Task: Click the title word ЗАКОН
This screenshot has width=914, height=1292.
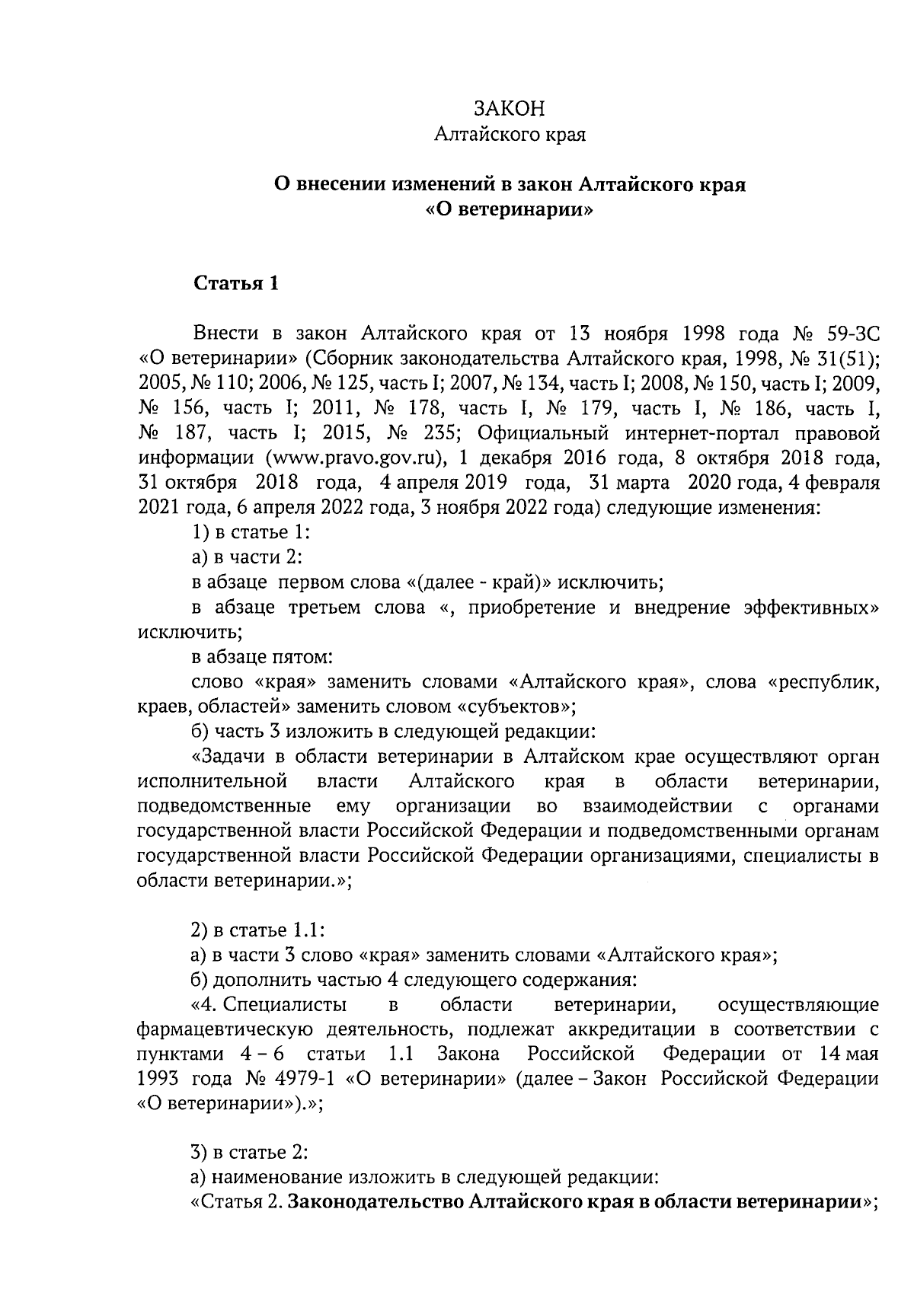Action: coord(509,109)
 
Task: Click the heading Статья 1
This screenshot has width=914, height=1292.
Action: coord(236,284)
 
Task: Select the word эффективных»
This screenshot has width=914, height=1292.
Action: coord(811,608)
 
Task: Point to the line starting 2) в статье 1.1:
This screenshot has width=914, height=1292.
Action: coord(257,930)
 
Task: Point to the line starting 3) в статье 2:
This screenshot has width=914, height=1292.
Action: coord(248,1153)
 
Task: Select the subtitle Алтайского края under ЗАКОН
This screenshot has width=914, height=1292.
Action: coord(509,136)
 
